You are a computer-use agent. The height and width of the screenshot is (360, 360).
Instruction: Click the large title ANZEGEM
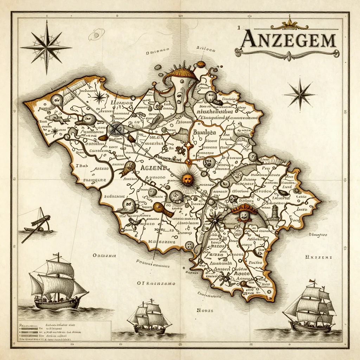pyautogui.click(x=288, y=40)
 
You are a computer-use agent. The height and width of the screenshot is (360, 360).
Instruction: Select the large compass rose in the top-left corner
pyautogui.click(x=46, y=47)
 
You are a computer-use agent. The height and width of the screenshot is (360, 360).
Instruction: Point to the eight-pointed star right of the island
pyautogui.click(x=300, y=94)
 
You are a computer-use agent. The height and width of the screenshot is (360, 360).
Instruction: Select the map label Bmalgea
pyautogui.click(x=205, y=133)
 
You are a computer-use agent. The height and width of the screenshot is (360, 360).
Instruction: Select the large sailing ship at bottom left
pyautogui.click(x=56, y=281)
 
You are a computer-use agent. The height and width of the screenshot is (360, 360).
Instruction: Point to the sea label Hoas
pyautogui.click(x=202, y=310)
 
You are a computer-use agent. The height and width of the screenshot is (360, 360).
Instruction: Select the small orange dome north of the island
pyautogui.click(x=201, y=64)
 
